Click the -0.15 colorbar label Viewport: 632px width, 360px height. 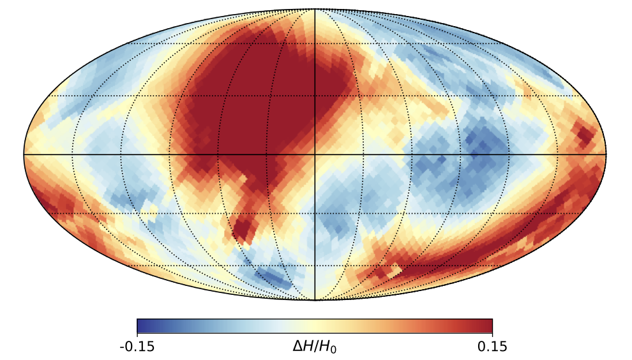pos(137,347)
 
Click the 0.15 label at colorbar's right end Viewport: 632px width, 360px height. pos(492,347)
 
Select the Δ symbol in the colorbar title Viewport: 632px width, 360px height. pos(297,346)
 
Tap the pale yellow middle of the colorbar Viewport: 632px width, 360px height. pos(315,326)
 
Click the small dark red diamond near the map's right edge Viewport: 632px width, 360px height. pos(583,135)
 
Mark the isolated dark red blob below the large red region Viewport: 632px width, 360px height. pos(243,230)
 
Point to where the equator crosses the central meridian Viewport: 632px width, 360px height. pos(315,154)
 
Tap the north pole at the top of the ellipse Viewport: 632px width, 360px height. pos(315,8)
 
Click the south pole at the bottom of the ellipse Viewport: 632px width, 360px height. pos(315,300)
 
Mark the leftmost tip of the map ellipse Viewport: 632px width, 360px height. pos(24,154)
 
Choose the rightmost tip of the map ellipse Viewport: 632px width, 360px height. pos(606,154)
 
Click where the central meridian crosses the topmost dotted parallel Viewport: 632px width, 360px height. pos(315,43)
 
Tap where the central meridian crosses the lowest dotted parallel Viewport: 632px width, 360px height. pos(315,266)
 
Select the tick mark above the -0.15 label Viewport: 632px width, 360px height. pos(137,335)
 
